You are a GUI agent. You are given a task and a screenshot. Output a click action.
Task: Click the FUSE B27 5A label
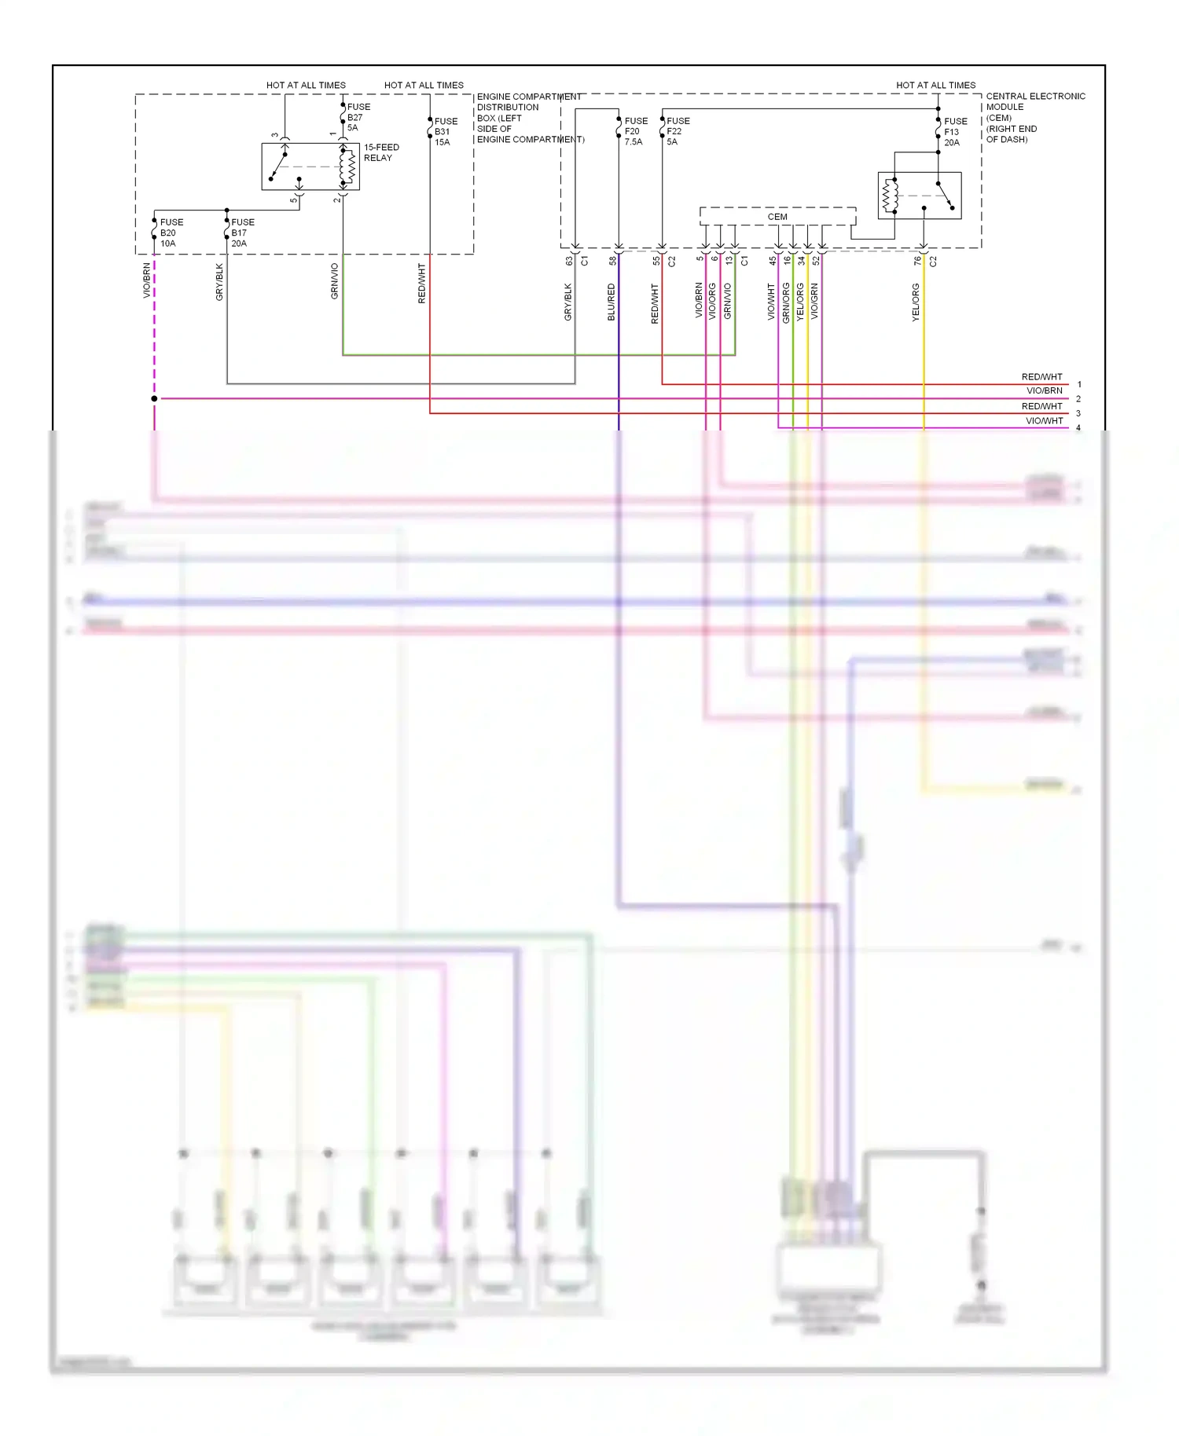(358, 117)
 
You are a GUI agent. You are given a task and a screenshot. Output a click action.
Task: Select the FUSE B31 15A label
(445, 132)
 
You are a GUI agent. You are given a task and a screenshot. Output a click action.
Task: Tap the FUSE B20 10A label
(171, 233)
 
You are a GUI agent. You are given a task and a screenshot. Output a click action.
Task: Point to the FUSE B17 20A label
(242, 233)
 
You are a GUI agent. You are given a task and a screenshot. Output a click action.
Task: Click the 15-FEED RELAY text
(381, 152)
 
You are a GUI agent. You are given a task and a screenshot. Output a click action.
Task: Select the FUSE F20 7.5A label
(635, 131)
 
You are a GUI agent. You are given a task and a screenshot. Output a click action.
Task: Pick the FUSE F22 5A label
(678, 131)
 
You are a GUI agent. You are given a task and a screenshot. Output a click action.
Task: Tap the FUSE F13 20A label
(955, 132)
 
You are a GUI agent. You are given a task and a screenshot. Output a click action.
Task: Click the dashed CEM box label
(777, 217)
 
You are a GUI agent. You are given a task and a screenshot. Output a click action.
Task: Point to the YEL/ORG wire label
(916, 303)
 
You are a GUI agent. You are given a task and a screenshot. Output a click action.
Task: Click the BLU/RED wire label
(612, 302)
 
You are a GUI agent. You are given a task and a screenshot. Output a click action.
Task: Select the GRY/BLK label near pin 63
(568, 302)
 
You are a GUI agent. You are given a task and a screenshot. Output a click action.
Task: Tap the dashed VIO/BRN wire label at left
(147, 281)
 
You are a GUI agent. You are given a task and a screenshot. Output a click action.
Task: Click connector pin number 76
(917, 261)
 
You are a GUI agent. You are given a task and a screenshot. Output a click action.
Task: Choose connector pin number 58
(612, 261)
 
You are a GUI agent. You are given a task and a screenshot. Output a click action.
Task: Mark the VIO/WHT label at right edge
(1044, 421)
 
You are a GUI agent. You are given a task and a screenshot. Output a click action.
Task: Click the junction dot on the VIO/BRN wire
(154, 399)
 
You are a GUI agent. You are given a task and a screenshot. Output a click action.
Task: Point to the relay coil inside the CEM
(891, 196)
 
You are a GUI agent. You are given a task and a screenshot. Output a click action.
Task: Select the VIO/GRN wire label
(814, 302)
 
